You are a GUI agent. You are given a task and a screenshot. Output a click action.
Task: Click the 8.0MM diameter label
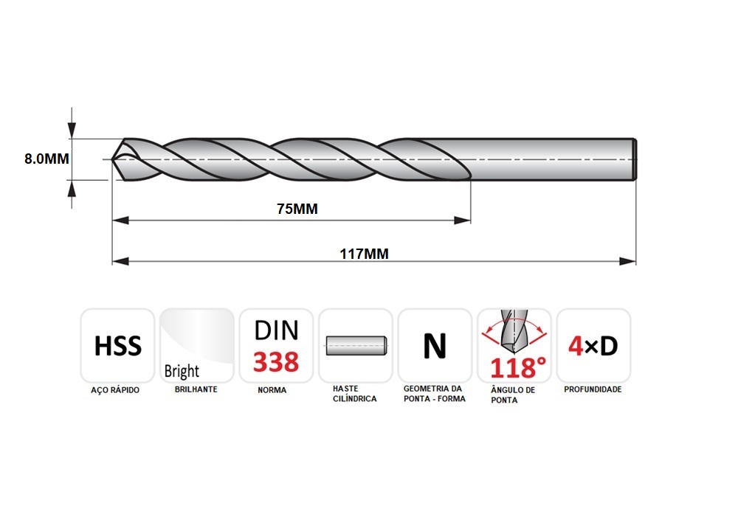click(x=46, y=159)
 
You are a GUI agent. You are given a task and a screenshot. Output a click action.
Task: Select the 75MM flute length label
click(x=297, y=209)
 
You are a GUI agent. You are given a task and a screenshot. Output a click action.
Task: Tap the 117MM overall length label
click(x=365, y=254)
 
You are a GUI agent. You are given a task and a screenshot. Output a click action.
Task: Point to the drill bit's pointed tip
click(x=112, y=159)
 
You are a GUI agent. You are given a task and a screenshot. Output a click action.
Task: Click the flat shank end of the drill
click(x=635, y=159)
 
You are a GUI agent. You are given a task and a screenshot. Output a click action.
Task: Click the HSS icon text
click(x=117, y=346)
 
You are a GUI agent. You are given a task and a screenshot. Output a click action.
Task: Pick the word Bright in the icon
click(x=182, y=371)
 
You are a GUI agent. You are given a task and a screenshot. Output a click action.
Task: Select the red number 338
click(x=276, y=361)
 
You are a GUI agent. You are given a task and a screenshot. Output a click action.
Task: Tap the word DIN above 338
click(x=276, y=330)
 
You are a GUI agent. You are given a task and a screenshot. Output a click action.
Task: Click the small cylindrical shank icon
click(x=356, y=345)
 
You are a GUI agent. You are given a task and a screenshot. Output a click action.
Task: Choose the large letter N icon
click(x=435, y=346)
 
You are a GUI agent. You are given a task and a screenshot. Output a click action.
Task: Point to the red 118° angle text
click(x=518, y=368)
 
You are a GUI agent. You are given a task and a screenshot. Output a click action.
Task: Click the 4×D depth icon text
click(x=593, y=346)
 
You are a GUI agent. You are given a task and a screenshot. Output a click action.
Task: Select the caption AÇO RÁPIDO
click(x=115, y=390)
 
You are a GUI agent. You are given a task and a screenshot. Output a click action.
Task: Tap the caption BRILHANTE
click(x=196, y=389)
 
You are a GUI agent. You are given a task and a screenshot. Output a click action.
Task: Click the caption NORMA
click(x=272, y=390)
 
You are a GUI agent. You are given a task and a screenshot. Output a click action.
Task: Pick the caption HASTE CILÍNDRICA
click(x=355, y=394)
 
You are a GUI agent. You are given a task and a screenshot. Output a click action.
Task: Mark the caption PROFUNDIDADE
click(x=593, y=389)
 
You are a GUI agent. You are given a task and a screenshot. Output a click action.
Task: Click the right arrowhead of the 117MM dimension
click(x=627, y=262)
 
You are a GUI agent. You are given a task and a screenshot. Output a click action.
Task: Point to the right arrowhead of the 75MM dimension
click(x=462, y=221)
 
